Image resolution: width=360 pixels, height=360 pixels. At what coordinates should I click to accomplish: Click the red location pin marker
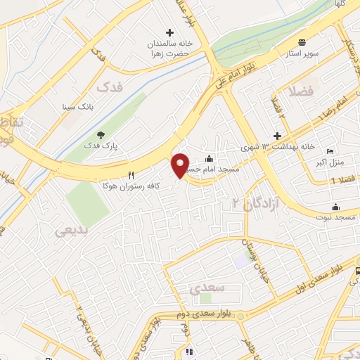coord(181,165)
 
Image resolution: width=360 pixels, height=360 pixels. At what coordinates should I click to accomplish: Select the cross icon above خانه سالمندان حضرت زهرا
coord(169,32)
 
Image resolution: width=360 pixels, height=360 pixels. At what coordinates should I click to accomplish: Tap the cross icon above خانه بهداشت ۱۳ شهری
coord(278,136)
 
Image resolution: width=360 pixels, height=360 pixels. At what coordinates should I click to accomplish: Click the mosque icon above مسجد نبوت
coord(335,207)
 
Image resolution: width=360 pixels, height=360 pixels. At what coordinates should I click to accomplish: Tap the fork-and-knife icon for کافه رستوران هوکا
coord(131,174)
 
